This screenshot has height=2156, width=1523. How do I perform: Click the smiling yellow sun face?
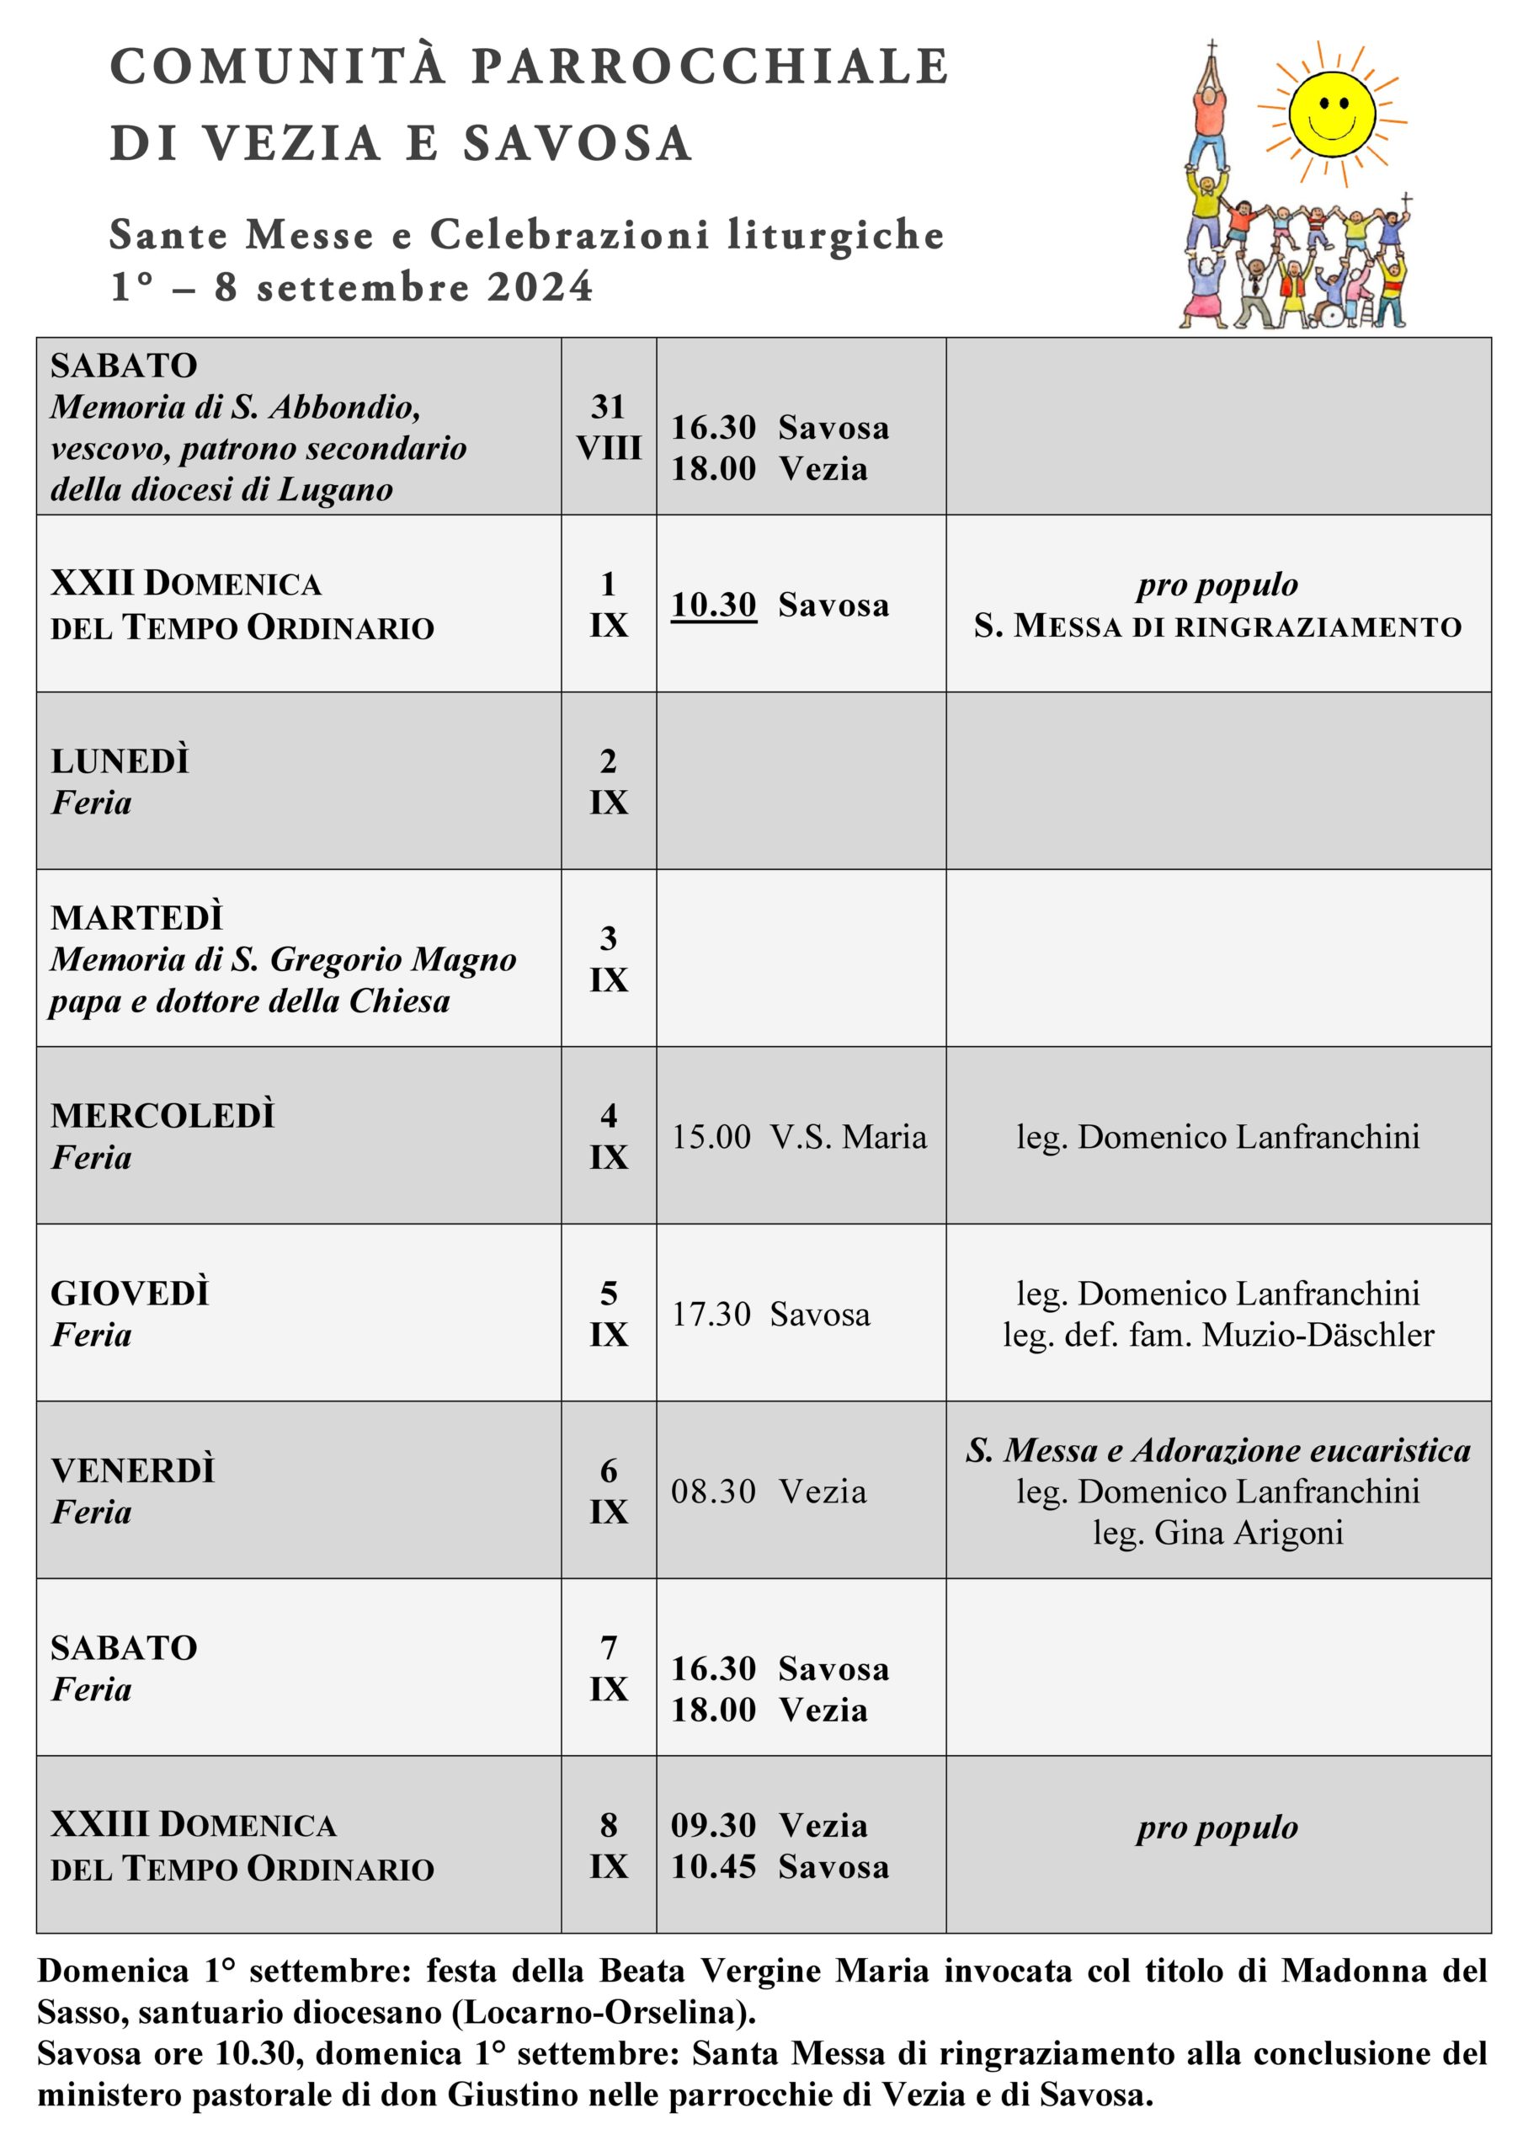tap(1330, 115)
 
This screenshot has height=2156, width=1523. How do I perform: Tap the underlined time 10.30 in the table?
tap(713, 605)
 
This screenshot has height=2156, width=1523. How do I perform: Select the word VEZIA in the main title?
tap(292, 144)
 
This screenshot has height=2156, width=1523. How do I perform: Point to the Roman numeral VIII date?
tap(609, 448)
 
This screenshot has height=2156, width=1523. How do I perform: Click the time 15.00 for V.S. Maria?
tap(710, 1137)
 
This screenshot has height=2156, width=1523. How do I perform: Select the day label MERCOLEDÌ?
tap(162, 1116)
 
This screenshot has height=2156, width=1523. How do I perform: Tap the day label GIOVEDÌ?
tap(130, 1293)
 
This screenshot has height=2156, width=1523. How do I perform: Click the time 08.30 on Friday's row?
tap(713, 1492)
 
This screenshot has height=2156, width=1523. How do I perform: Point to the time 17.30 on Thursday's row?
tap(710, 1315)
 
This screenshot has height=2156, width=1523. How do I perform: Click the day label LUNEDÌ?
tap(120, 760)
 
